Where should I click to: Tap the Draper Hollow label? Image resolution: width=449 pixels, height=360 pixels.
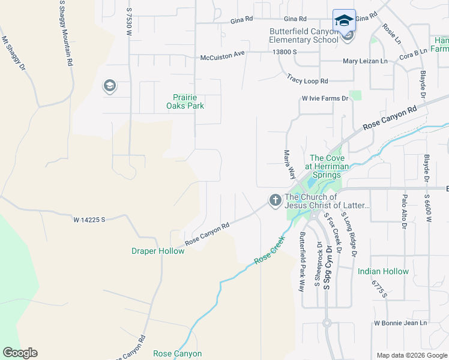pyautogui.click(x=158, y=251)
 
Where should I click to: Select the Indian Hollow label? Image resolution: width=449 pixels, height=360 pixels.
pyautogui.click(x=383, y=271)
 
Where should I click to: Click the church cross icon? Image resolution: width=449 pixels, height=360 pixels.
pyautogui.click(x=276, y=200)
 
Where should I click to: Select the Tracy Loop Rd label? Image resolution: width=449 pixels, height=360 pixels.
pyautogui.click(x=307, y=80)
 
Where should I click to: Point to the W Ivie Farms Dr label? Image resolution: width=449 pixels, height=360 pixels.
pyautogui.click(x=325, y=98)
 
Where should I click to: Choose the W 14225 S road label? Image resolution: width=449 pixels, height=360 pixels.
pyautogui.click(x=89, y=220)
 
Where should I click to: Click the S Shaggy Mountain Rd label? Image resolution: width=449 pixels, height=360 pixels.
pyautogui.click(x=66, y=33)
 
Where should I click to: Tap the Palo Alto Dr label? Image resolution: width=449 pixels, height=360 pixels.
pyautogui.click(x=405, y=212)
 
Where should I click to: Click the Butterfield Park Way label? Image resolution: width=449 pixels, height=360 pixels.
pyautogui.click(x=302, y=262)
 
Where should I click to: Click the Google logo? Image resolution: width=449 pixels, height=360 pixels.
pyautogui.click(x=20, y=353)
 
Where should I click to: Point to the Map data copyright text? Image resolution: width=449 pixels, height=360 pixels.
pyautogui.click(x=411, y=355)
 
